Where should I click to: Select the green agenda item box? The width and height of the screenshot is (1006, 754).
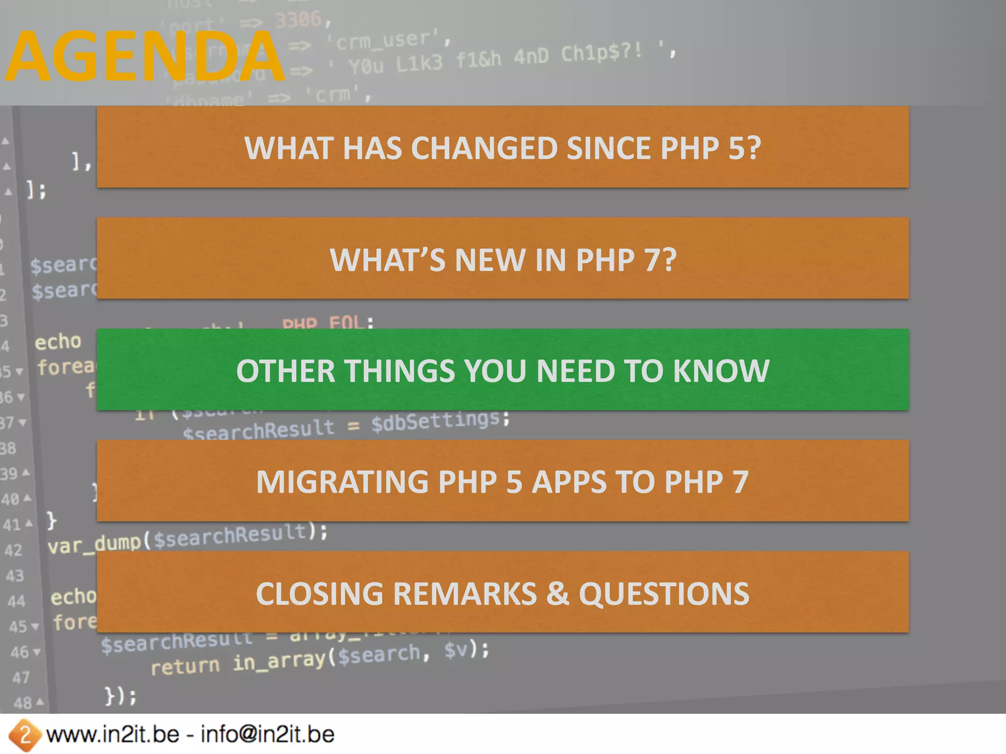coord(503,369)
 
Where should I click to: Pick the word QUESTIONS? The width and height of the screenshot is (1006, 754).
coord(664,593)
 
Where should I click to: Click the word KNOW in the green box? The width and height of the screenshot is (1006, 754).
coord(721,371)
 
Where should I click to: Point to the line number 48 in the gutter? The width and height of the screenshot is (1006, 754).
coord(23,703)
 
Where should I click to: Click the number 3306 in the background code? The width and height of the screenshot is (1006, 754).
coord(298,20)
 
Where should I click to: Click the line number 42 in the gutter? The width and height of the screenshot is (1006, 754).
coord(13,550)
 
